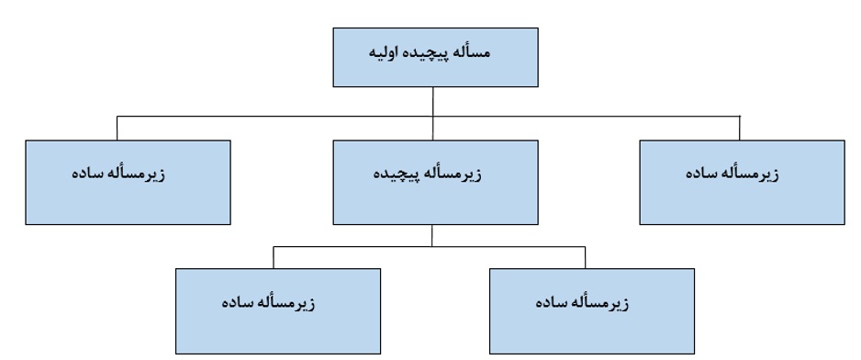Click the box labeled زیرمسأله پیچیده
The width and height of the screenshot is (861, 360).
(433, 182)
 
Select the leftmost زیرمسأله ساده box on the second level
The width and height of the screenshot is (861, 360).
(128, 182)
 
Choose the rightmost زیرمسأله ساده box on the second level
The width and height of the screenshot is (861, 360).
(742, 182)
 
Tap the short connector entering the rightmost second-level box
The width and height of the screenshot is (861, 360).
(740, 128)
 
